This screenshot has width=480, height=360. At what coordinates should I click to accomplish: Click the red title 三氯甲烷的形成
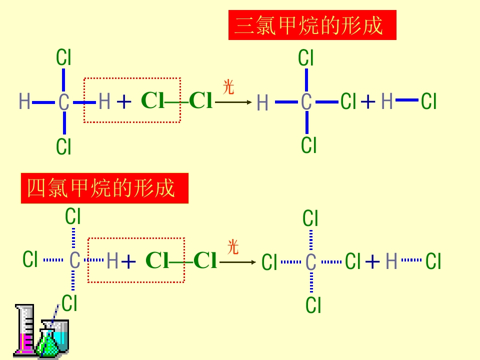coord(312,25)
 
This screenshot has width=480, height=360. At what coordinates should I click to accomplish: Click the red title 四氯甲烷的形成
coord(104,188)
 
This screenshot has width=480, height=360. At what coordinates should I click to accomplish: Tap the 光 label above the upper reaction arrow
coord(228,87)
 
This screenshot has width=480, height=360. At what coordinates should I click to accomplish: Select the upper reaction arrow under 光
coord(233,102)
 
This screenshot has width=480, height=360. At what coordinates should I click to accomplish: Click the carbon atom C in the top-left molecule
coord(63,102)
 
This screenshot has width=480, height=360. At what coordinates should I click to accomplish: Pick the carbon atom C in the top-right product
coord(306,102)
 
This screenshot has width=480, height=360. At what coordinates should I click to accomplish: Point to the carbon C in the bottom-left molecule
coord(74,260)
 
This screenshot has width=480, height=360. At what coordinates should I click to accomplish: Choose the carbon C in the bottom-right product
coord(310,261)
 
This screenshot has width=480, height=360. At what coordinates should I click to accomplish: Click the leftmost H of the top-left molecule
coord(24,101)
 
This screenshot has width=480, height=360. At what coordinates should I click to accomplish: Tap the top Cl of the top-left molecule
coord(63,57)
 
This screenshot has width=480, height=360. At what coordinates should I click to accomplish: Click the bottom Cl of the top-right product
coord(309,145)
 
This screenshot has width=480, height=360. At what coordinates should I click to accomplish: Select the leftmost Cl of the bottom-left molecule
coord(30,259)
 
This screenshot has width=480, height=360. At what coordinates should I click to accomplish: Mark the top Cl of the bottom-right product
coord(310,218)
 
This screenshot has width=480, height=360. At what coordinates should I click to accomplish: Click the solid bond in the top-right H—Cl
coord(407,101)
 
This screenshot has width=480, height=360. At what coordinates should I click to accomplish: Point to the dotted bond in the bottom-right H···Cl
coord(411,260)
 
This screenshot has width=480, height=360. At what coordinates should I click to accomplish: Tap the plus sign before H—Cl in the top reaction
coord(368,102)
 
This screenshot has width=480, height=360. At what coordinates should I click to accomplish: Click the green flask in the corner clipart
coord(47,343)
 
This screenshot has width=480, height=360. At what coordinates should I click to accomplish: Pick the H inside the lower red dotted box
coord(112,260)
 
